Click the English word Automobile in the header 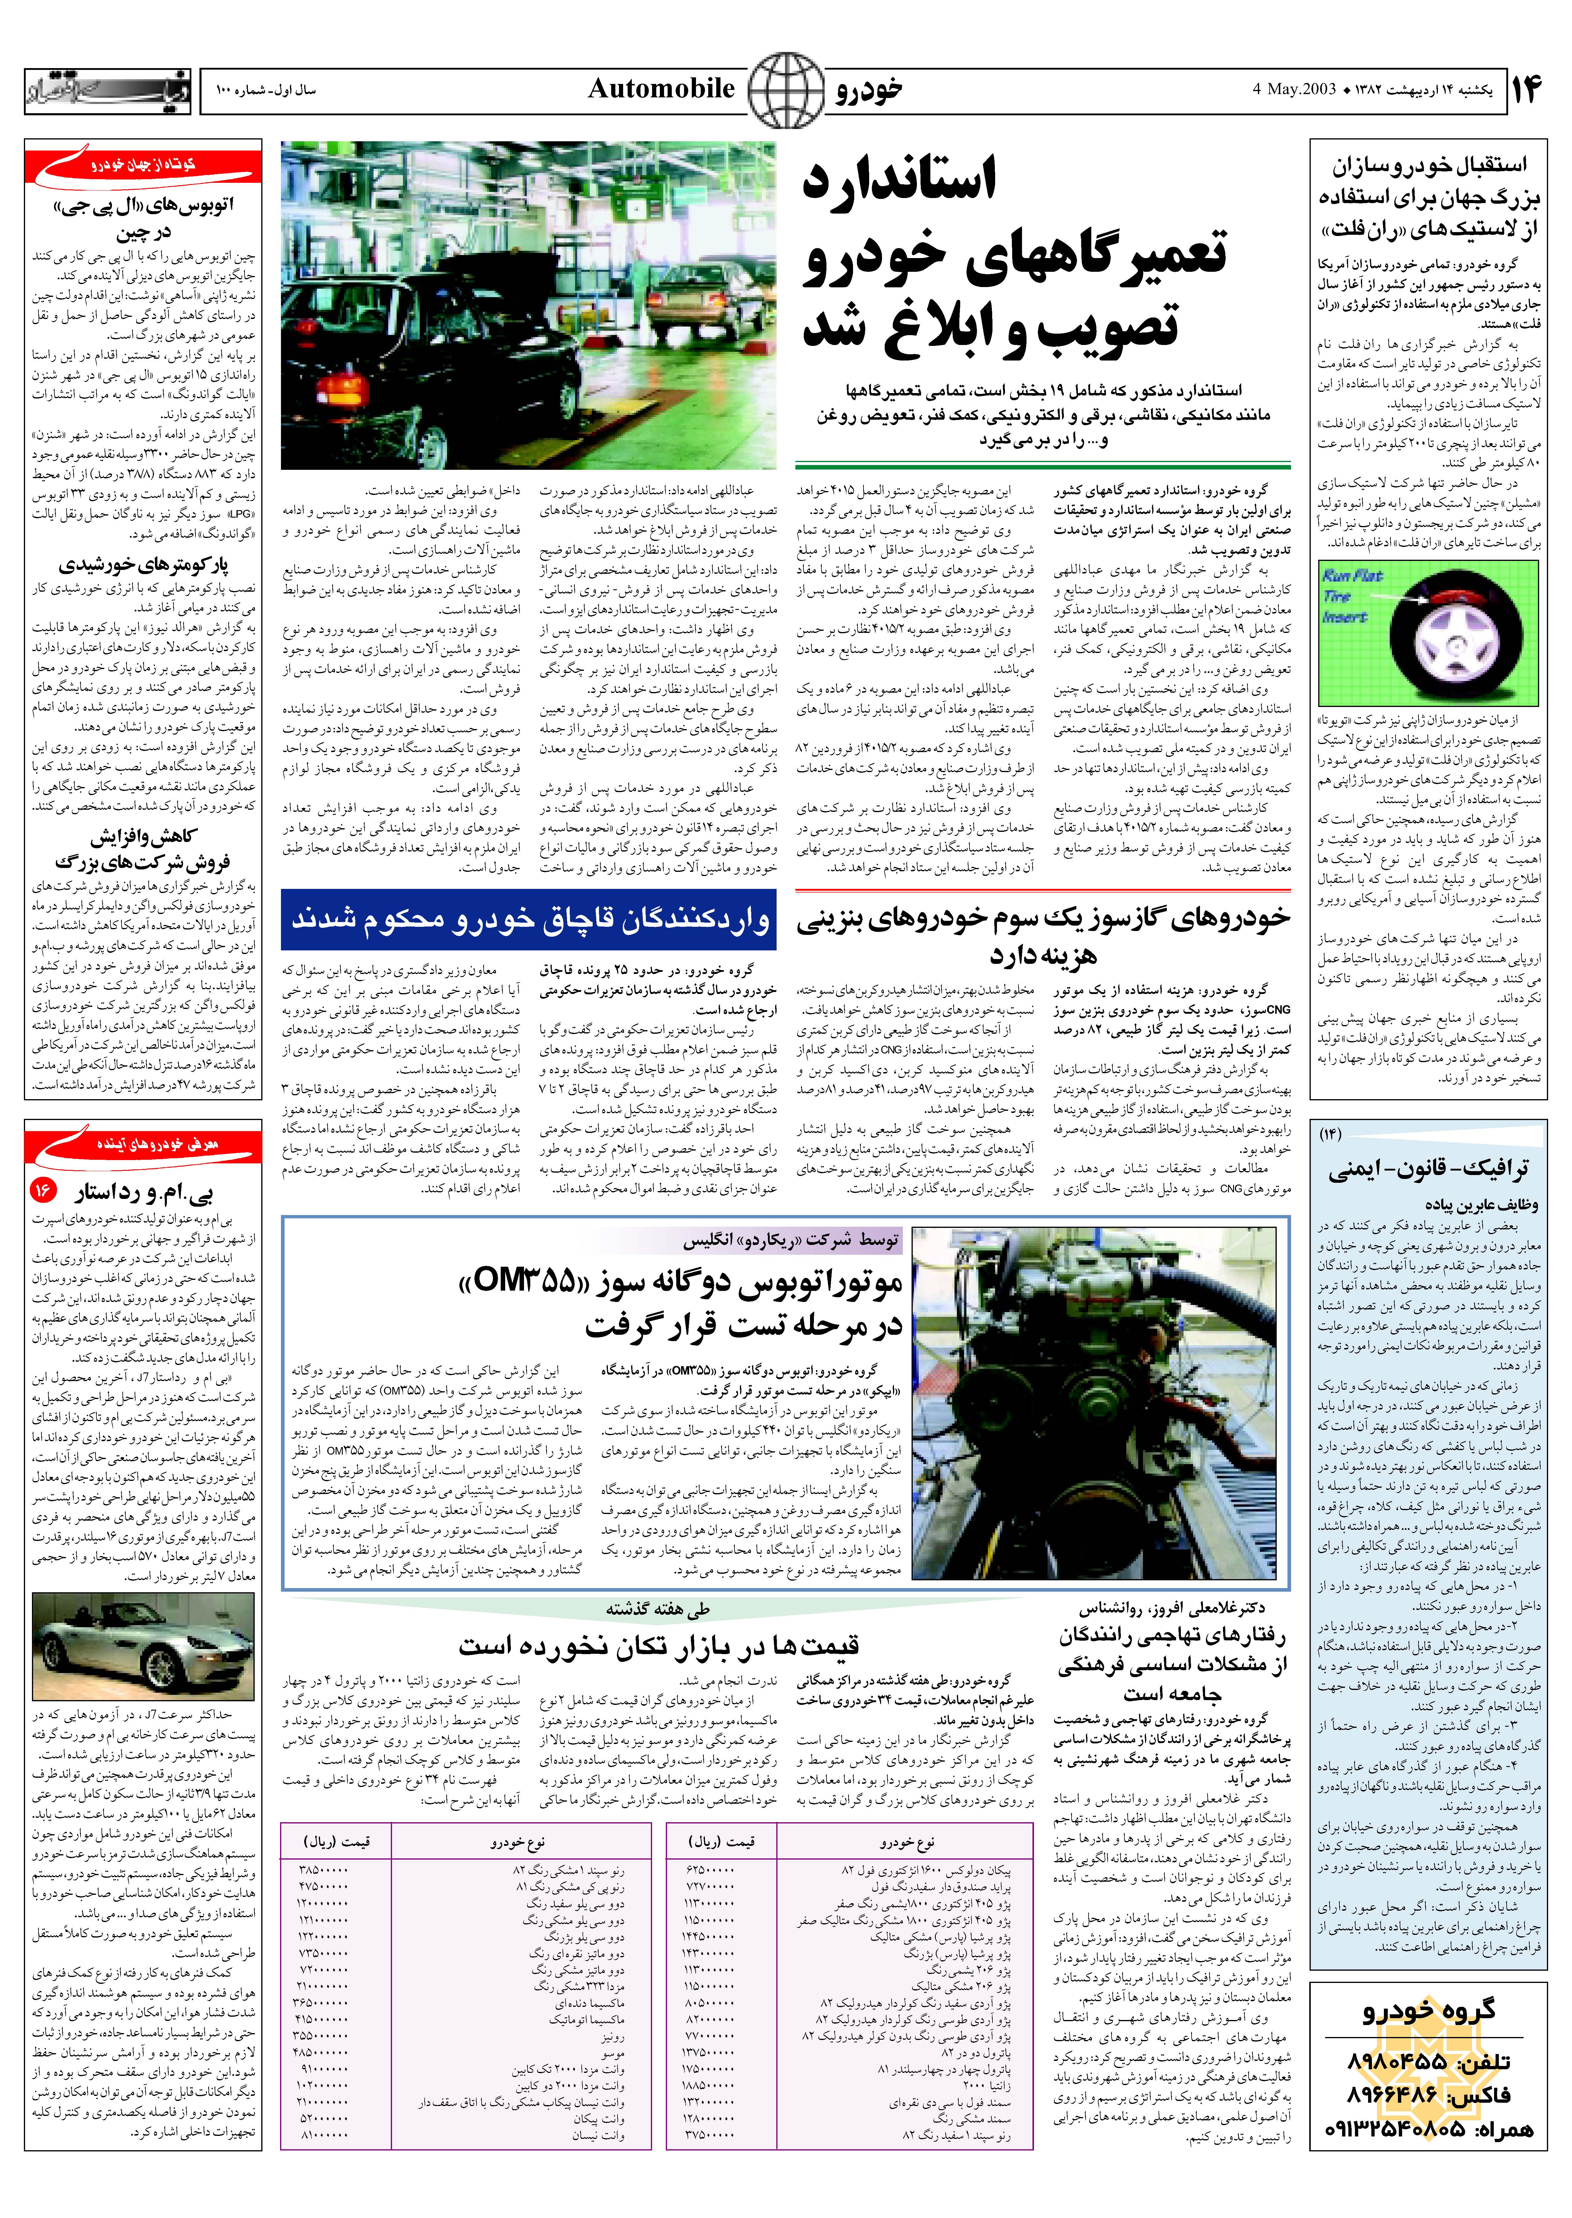click(661, 89)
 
